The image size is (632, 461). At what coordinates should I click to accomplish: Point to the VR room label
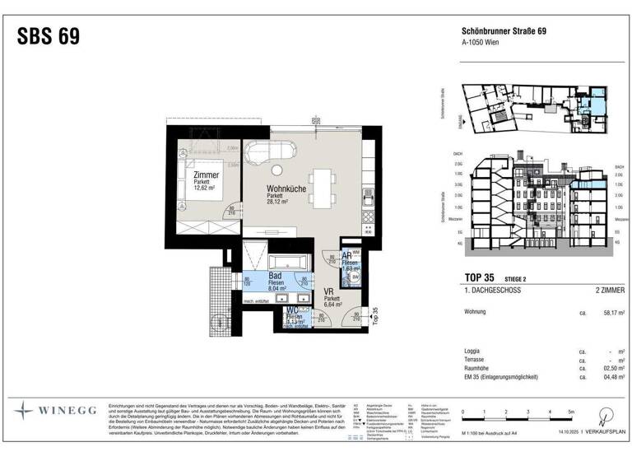329,291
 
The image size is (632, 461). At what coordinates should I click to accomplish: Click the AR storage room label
347,256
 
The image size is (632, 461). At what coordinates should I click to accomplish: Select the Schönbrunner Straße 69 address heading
504,32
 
